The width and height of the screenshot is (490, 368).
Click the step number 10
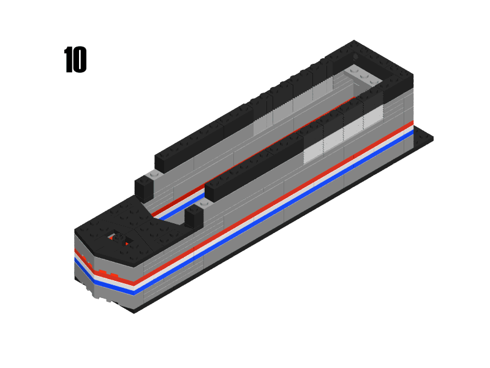(x=75, y=61)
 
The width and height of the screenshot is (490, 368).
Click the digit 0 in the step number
(x=80, y=61)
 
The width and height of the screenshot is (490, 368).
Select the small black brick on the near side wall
(x=194, y=217)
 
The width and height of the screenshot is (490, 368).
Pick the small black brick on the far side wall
(x=143, y=188)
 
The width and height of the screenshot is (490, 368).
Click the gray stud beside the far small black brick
(x=154, y=175)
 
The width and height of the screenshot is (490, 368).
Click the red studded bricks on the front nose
(x=104, y=273)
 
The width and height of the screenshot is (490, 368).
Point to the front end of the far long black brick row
(x=160, y=162)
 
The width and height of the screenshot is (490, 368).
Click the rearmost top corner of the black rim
(x=354, y=42)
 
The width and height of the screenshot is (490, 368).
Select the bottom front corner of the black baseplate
(x=134, y=312)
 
